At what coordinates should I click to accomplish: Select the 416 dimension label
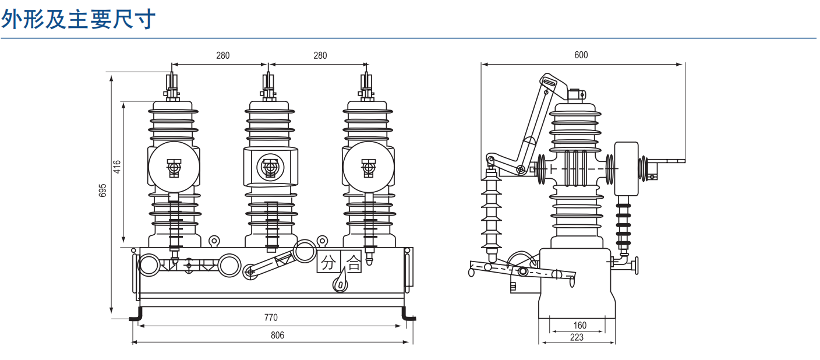116,167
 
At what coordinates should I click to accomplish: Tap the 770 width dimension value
271,317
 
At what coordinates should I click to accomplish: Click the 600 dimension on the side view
581,55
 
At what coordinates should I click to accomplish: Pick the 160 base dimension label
579,325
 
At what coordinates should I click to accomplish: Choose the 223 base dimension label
577,337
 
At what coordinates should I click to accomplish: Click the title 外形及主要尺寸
79,19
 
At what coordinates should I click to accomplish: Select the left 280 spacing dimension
223,55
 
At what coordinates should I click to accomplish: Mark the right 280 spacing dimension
320,55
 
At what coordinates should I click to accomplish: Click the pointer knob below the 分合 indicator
340,284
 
